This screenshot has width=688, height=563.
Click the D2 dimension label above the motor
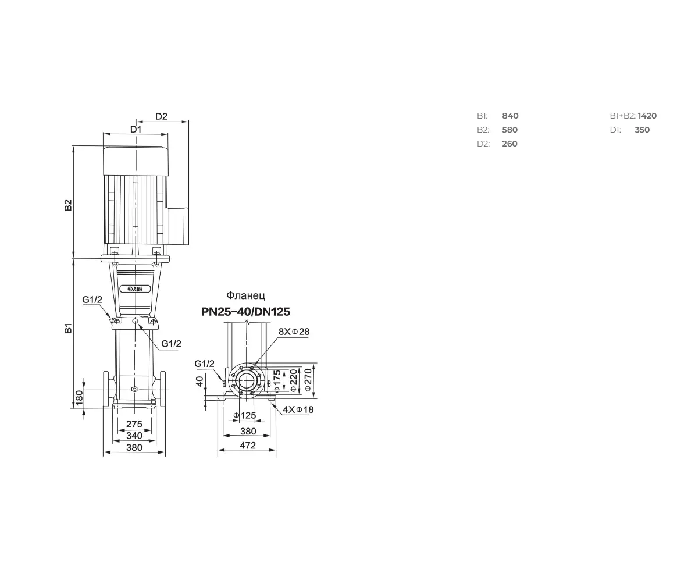point(162,116)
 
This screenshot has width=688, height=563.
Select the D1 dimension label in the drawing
point(136,129)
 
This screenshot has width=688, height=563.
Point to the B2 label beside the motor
point(68,205)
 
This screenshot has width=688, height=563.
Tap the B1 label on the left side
point(68,328)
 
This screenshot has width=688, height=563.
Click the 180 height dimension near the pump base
point(80,398)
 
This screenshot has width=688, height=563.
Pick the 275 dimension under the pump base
point(134,424)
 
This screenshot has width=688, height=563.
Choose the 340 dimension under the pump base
point(134,435)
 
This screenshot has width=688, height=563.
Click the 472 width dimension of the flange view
point(248,445)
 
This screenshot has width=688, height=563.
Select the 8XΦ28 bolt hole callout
point(294,332)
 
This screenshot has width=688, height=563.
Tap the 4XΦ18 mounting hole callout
point(298,410)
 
